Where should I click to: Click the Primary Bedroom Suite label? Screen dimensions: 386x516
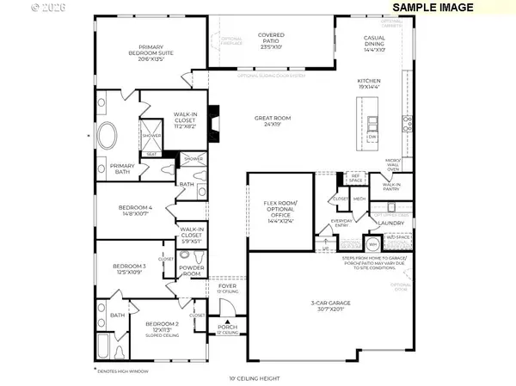(x=150, y=52)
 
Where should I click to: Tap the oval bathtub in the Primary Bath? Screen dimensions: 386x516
(x=108, y=138)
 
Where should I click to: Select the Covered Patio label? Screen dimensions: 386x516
(x=271, y=40)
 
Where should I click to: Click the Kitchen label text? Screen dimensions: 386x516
(x=369, y=83)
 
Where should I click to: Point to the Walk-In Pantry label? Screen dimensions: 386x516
(x=391, y=186)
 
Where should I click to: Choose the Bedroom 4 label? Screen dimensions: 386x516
(x=138, y=211)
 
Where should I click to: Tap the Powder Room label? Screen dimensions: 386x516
(x=192, y=271)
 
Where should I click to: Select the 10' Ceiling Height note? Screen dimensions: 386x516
(x=255, y=378)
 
